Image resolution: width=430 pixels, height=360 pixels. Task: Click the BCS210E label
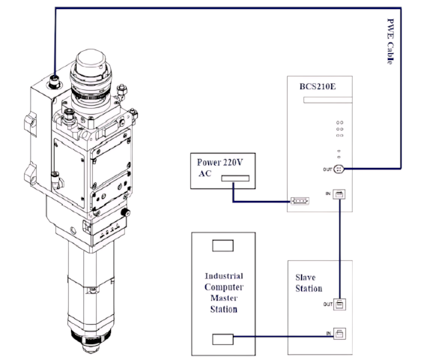pos(318,86)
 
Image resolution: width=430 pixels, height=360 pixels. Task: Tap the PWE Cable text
pos(390,41)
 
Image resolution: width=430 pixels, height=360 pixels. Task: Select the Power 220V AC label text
pos(219,167)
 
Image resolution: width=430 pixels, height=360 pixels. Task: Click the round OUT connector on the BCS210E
pos(339,169)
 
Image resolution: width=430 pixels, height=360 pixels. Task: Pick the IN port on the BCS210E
pos(339,194)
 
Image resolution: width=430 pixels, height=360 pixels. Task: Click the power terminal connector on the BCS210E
pos(300,201)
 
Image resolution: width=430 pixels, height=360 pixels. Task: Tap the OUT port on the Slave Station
pos(339,304)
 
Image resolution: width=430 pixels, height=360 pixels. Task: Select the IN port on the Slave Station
pos(339,334)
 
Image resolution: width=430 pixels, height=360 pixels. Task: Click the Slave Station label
pos(309,283)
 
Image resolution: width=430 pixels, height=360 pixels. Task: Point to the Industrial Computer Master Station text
pos(224,292)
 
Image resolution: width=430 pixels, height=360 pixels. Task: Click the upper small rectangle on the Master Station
pos(223,245)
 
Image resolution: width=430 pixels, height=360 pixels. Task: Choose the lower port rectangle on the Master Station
pos(223,340)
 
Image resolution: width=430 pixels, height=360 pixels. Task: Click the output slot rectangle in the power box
pos(235,178)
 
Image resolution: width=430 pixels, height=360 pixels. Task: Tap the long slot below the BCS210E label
pos(327,100)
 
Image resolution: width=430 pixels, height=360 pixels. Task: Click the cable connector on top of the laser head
pos(54,81)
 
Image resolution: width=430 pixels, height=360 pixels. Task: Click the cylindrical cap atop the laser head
pos(91,61)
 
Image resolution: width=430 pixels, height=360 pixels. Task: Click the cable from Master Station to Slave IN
pos(284,336)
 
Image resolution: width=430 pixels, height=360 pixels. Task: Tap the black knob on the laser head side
pos(126,212)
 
